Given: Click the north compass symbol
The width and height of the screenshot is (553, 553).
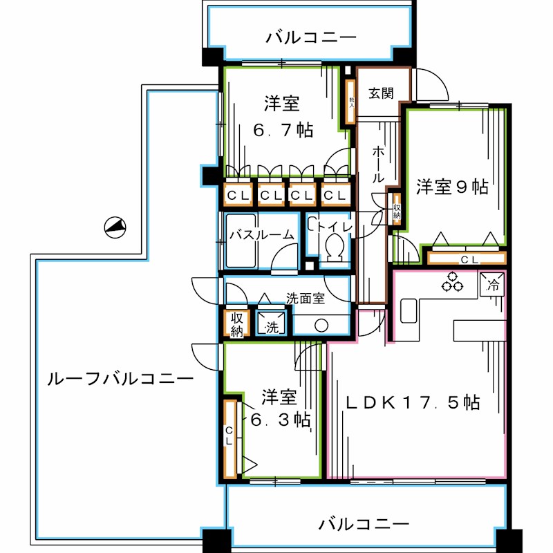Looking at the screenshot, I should point(114,227).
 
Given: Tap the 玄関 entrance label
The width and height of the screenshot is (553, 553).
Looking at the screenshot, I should point(381,93).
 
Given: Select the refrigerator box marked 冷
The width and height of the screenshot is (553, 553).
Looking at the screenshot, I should point(494,283).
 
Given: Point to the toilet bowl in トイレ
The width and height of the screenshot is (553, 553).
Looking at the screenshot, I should point(334,247).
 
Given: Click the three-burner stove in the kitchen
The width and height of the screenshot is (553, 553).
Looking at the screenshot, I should point(453,282).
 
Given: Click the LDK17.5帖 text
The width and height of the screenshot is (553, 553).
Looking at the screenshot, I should point(413,402).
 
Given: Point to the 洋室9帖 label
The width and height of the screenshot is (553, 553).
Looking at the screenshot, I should point(452,187).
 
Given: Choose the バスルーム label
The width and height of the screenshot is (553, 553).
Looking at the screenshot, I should point(261,234).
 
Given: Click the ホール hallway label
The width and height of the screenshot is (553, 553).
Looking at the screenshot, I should point(379,164).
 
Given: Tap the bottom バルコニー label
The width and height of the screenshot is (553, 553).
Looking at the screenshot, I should point(364,523).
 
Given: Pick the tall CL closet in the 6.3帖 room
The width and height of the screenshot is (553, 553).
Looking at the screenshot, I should point(229,437).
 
